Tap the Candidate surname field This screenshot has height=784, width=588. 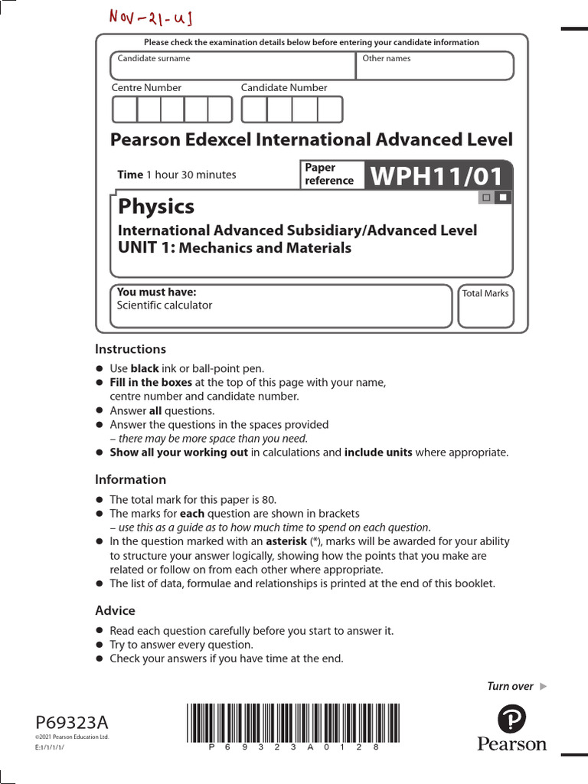click(x=233, y=66)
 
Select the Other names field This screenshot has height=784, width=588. click(x=435, y=66)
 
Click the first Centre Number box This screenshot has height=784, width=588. click(x=125, y=109)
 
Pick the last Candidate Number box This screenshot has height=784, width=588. click(x=331, y=109)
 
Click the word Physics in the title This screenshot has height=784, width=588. click(x=156, y=207)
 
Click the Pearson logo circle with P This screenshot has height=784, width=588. click(x=511, y=719)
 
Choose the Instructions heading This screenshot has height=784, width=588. click(x=130, y=349)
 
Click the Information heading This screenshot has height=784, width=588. click(x=130, y=480)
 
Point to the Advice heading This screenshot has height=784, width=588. click(x=115, y=611)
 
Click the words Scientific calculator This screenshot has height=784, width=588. click(x=165, y=305)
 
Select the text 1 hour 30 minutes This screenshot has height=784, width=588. click(x=191, y=175)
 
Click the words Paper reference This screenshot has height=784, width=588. click(x=329, y=175)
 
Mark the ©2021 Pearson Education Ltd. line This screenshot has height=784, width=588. click(x=73, y=737)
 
